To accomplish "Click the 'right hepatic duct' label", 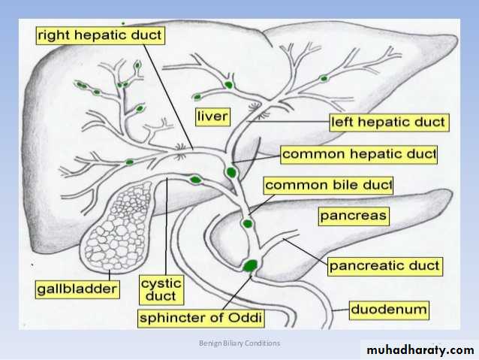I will [x=101, y=35].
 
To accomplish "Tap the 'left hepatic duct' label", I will [x=389, y=122].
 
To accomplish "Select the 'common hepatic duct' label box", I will [x=359, y=155].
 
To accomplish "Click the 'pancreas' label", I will [x=353, y=216].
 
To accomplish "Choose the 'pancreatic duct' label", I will [x=384, y=266].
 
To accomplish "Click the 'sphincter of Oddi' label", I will [x=202, y=318].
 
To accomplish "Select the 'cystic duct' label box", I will [x=161, y=290].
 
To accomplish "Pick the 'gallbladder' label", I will [x=77, y=289].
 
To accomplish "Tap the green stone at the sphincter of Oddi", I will [x=250, y=265].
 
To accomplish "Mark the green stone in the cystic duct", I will [x=195, y=180].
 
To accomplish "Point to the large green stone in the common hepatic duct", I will [x=231, y=172].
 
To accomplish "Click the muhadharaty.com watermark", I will [x=417, y=350].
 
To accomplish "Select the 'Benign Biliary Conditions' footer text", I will [x=240, y=343].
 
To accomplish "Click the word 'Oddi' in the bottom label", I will [x=246, y=318].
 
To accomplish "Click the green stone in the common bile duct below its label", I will [x=247, y=223].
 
